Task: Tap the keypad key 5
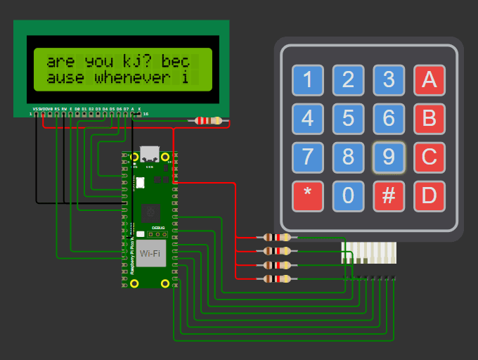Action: [348, 118]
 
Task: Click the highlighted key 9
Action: [389, 157]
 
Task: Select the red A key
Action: [429, 80]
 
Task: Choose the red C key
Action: [429, 157]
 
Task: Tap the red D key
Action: [429, 196]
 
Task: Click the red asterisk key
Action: [307, 196]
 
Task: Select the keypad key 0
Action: [348, 196]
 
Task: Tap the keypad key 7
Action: [307, 157]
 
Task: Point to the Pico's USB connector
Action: [150, 154]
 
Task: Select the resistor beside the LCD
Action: [207, 121]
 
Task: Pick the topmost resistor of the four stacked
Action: [276, 238]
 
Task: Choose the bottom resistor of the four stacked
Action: [276, 279]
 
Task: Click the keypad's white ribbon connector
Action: [370, 253]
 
